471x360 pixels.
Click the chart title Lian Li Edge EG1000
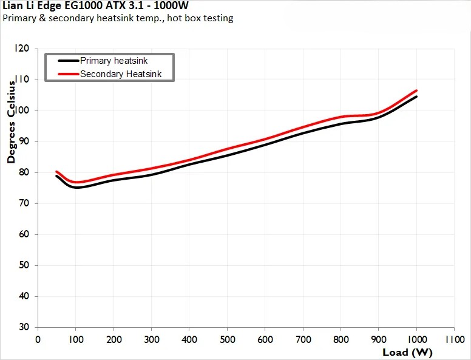[95, 6]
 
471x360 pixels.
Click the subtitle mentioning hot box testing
[118, 18]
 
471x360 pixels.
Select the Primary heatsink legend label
[114, 61]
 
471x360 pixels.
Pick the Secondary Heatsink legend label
[121, 74]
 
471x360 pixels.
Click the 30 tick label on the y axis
[24, 327]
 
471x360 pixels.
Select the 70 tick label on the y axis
[24, 203]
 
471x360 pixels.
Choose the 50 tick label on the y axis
[24, 265]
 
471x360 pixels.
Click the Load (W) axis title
[407, 352]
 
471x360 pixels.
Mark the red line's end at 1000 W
[416, 90]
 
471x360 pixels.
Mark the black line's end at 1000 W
[416, 97]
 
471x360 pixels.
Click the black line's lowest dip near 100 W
[77, 187]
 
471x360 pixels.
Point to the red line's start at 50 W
[56, 172]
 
